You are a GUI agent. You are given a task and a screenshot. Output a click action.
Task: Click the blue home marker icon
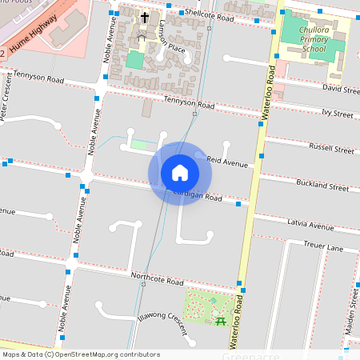coord(180,173)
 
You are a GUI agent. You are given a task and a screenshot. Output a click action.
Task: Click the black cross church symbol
coord(145,17)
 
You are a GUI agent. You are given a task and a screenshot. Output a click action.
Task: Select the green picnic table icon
coord(220,321)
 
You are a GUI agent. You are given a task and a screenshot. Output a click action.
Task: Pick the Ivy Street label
coord(338,114)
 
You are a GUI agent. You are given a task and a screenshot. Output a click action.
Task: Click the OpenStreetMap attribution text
coord(80,354)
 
